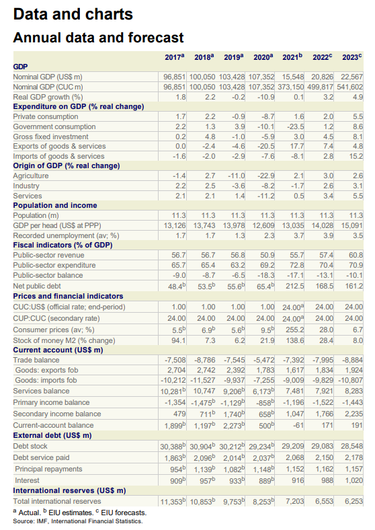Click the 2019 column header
(233, 56)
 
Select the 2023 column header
(351, 56)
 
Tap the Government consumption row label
(54, 126)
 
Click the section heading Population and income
(55, 206)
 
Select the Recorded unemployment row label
(67, 235)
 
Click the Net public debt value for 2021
(294, 286)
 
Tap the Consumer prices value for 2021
(294, 330)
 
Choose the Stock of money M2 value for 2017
(179, 340)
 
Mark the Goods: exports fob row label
(46, 370)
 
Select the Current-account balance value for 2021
(298, 425)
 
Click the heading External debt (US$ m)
(52, 435)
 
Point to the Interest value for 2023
(354, 480)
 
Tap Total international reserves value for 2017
(173, 502)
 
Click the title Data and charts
(73, 14)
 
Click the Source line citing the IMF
(78, 521)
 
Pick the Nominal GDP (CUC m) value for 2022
(321, 87)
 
